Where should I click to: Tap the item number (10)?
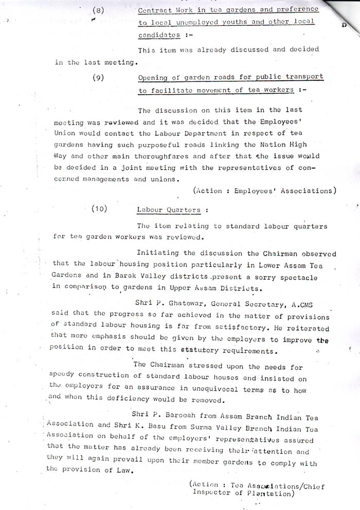pyautogui.click(x=100, y=209)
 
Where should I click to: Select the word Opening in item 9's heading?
pyautogui.click(x=154, y=77)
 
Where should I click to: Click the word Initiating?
pyautogui.click(x=158, y=253)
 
